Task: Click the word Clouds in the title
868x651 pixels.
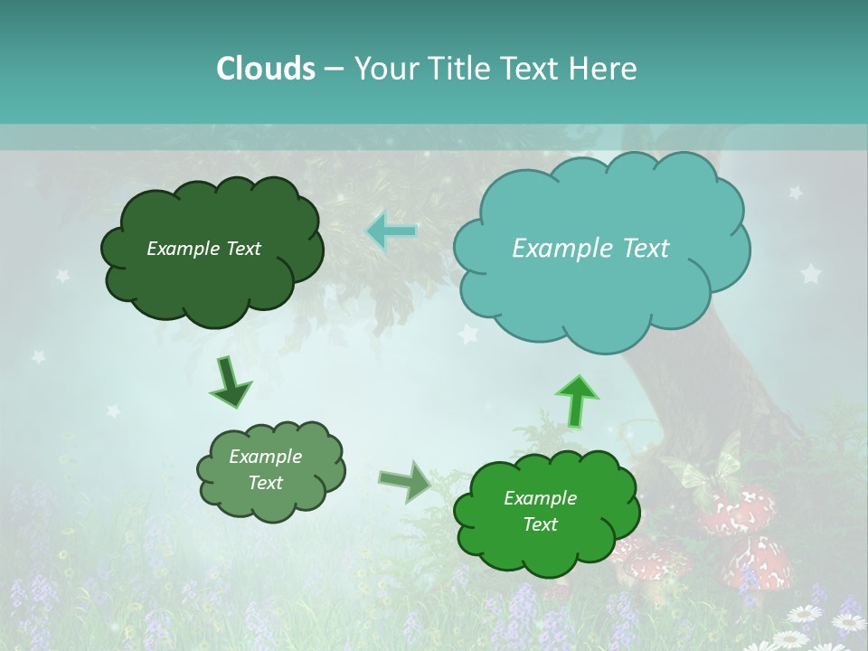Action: pyautogui.click(x=265, y=69)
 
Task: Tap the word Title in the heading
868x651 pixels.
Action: pyautogui.click(x=458, y=69)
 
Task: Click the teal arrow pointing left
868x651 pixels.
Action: pyautogui.click(x=391, y=231)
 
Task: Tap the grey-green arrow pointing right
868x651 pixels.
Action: pyautogui.click(x=405, y=481)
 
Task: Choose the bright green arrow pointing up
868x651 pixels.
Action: pyautogui.click(x=576, y=400)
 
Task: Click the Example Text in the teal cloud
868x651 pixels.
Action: pyautogui.click(x=590, y=249)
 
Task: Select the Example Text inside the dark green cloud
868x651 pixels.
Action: pyautogui.click(x=203, y=249)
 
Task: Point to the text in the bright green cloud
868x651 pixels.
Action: pyautogui.click(x=540, y=511)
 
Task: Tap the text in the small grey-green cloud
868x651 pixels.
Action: pyautogui.click(x=265, y=470)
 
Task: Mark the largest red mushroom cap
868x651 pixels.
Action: pyautogui.click(x=741, y=511)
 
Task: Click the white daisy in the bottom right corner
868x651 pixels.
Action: pyautogui.click(x=847, y=622)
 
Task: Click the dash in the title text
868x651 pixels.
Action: pyautogui.click(x=334, y=69)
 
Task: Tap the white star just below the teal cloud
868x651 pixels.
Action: pyautogui.click(x=467, y=335)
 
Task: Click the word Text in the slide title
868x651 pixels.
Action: pyautogui.click(x=536, y=69)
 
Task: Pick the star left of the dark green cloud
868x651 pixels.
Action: pyautogui.click(x=63, y=276)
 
